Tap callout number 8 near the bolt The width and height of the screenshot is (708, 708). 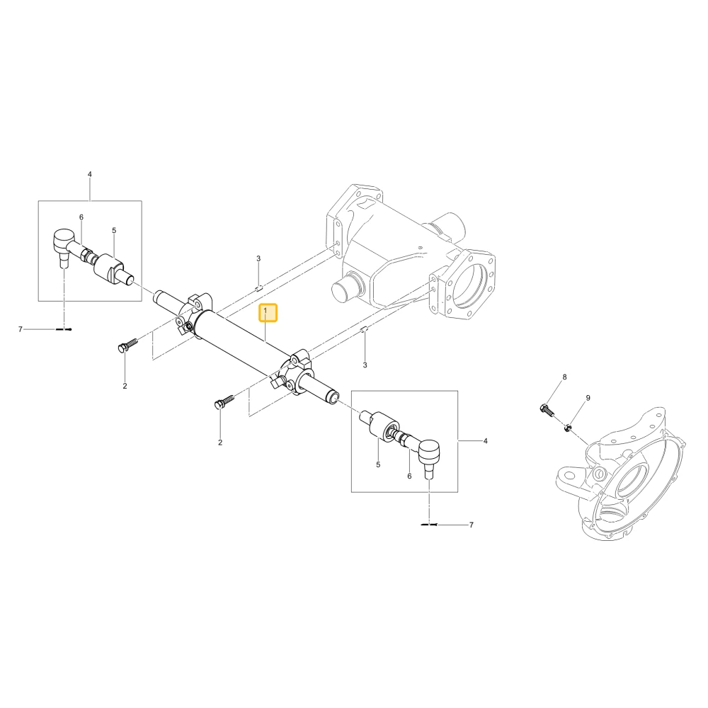[564, 377]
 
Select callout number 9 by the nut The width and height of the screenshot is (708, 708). [588, 398]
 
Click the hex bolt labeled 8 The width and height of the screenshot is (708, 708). [547, 411]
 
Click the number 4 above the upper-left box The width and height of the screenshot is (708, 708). [89, 174]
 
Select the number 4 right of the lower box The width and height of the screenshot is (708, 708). [486, 440]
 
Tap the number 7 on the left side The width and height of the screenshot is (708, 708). [20, 329]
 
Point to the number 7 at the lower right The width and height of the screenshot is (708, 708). [472, 525]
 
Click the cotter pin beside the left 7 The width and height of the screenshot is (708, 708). [64, 329]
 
